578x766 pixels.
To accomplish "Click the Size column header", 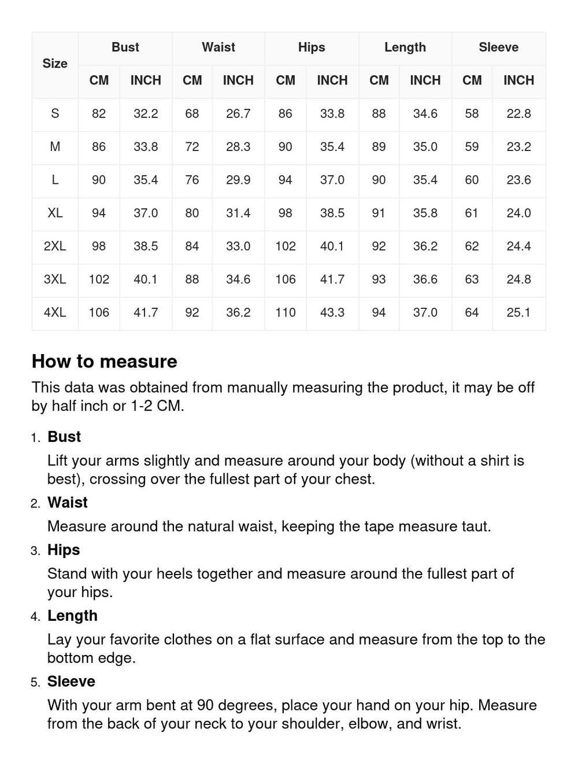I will click(55, 64).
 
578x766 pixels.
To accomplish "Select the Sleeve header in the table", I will click(498, 47).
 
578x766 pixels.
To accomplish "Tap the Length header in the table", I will click(405, 47).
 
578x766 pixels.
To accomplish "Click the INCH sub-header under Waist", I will click(238, 80).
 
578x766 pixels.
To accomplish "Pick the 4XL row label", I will click(55, 312).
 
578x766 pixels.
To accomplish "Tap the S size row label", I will click(55, 113).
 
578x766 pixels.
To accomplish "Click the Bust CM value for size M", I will click(99, 147).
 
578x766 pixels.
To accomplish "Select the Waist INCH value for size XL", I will click(238, 213).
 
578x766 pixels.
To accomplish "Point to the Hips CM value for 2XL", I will click(286, 246).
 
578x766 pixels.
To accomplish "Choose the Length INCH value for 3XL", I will click(425, 279).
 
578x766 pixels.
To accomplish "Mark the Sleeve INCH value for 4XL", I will click(518, 312).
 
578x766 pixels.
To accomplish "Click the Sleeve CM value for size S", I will click(472, 113).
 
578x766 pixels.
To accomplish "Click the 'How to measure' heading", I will click(105, 361).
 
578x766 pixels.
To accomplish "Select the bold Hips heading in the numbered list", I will click(64, 550).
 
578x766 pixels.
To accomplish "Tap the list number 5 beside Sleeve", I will click(36, 683).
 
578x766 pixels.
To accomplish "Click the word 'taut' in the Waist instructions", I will click(476, 526).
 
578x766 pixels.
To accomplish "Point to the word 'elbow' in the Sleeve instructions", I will click(367, 724).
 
